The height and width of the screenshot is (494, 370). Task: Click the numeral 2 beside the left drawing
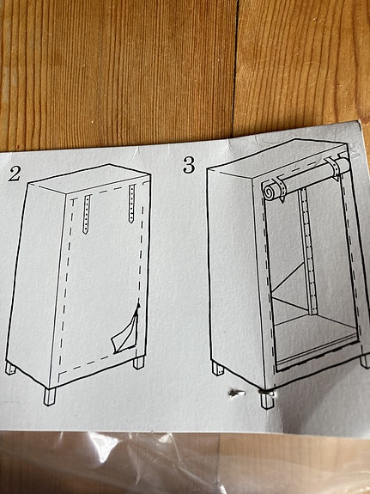[14, 174]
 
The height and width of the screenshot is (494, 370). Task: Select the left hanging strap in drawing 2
[87, 214]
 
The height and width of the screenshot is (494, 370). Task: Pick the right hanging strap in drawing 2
[130, 203]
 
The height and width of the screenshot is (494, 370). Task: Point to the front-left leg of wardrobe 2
[49, 396]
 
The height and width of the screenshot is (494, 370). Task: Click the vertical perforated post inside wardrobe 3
[305, 258]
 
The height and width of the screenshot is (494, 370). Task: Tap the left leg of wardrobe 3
[217, 370]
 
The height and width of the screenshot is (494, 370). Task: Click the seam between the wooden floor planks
[236, 69]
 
